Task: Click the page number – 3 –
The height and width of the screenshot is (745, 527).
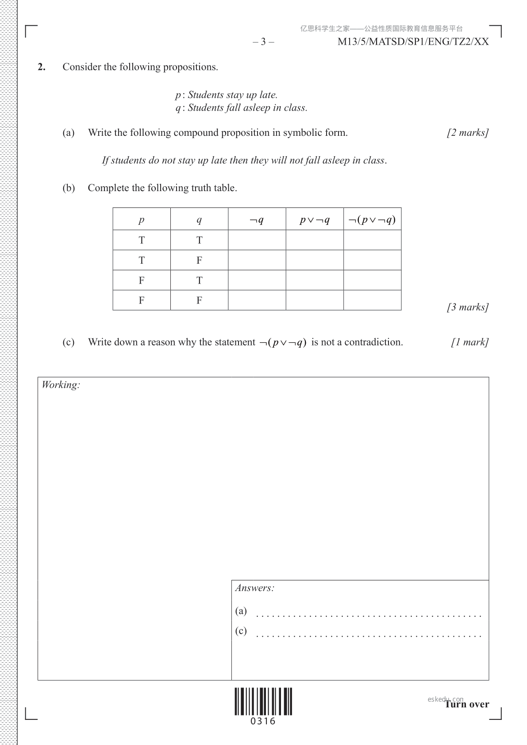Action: [x=263, y=42]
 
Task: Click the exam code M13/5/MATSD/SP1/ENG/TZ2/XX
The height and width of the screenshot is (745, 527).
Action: [x=413, y=42]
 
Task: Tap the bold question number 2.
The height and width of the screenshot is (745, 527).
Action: [x=41, y=67]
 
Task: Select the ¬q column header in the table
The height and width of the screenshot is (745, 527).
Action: [x=257, y=219]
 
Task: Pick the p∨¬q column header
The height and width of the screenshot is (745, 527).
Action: [x=315, y=219]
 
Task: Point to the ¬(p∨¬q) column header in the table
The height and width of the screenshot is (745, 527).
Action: [x=372, y=219]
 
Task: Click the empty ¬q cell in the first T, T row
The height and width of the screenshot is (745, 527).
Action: [x=257, y=240]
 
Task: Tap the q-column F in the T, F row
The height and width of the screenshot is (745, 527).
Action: [x=199, y=260]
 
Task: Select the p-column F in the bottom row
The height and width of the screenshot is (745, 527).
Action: [x=142, y=300]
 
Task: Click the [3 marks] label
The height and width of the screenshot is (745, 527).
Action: [x=468, y=307]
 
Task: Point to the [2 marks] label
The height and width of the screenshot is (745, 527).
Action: [x=468, y=133]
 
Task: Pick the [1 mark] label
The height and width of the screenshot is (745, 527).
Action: [x=470, y=342]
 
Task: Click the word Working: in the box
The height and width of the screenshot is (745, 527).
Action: [x=61, y=385]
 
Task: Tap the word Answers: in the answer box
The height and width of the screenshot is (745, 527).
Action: [x=254, y=588]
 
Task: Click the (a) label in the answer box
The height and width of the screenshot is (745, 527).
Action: [x=241, y=611]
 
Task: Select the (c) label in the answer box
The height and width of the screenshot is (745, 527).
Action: [x=241, y=630]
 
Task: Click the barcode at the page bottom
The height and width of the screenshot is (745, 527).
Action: [x=263, y=701]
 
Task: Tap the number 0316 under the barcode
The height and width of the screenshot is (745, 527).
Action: [x=263, y=722]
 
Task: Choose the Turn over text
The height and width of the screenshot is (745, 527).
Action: [x=467, y=704]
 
